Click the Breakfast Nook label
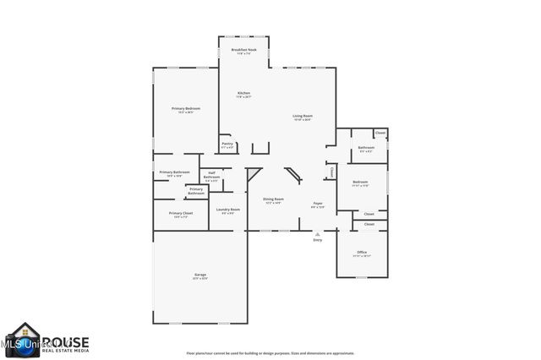244,51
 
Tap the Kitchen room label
243,93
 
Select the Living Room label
302,116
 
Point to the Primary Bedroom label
185,109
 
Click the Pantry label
227,144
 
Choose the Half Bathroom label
212,175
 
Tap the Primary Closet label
181,213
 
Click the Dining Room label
274,199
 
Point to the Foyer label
318,203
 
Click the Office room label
361,253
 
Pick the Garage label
199,275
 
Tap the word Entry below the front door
318,241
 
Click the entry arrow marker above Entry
318,234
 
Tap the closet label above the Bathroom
380,133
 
